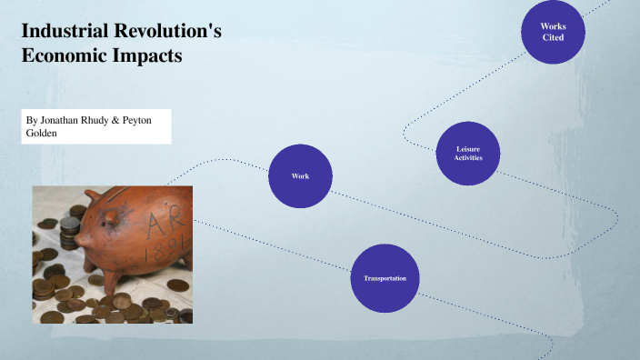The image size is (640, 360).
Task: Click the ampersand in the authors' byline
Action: (x=115, y=120)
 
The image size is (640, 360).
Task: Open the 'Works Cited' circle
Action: (x=553, y=32)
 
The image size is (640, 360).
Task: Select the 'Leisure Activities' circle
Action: (x=468, y=153)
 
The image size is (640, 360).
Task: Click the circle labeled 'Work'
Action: (x=300, y=175)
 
